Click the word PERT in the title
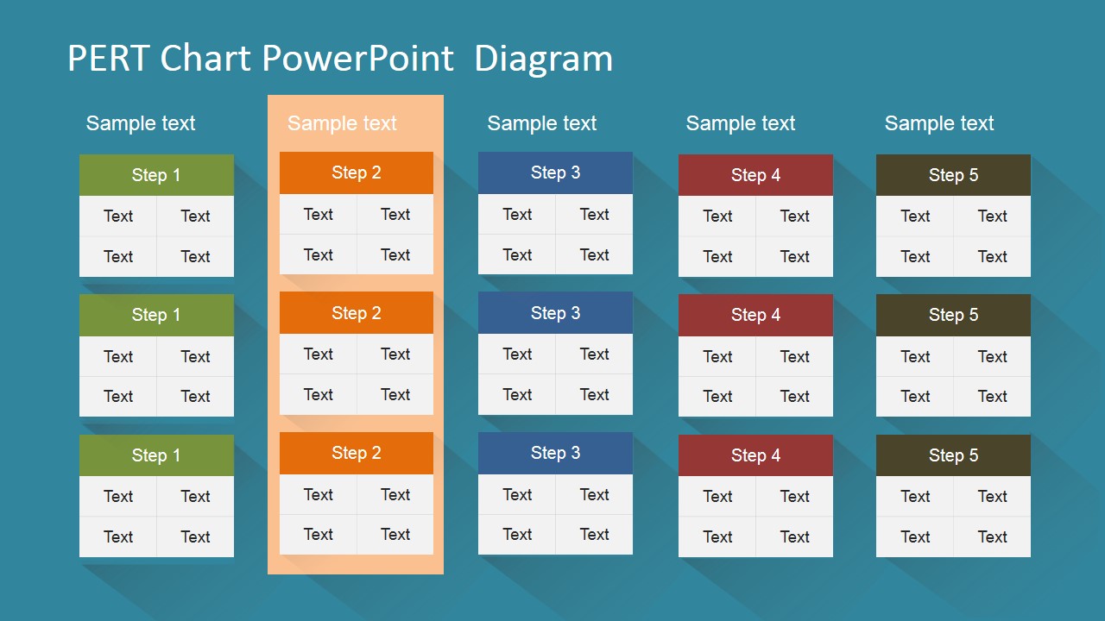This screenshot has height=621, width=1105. (108, 59)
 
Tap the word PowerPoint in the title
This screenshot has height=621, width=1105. (357, 59)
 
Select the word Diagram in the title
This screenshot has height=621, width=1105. (543, 59)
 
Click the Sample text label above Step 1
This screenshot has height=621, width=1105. (141, 123)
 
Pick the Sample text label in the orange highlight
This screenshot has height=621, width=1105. (342, 123)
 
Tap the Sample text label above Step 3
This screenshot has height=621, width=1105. (541, 123)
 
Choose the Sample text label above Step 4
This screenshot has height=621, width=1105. (740, 123)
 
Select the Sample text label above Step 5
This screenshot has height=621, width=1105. (939, 123)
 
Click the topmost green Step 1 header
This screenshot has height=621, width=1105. (156, 175)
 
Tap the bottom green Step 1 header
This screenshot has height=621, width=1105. (156, 455)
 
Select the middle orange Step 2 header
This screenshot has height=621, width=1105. (356, 313)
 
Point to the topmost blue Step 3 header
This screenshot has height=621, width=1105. (555, 172)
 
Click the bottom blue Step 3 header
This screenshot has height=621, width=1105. (555, 453)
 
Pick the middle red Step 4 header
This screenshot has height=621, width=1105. (755, 315)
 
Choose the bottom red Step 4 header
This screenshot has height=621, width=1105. (755, 455)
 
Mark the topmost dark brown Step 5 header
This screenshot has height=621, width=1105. (953, 175)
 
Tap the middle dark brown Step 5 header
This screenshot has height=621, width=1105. (953, 315)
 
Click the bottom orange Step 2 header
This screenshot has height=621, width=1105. (356, 453)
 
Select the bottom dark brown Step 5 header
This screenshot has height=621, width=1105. (953, 455)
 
